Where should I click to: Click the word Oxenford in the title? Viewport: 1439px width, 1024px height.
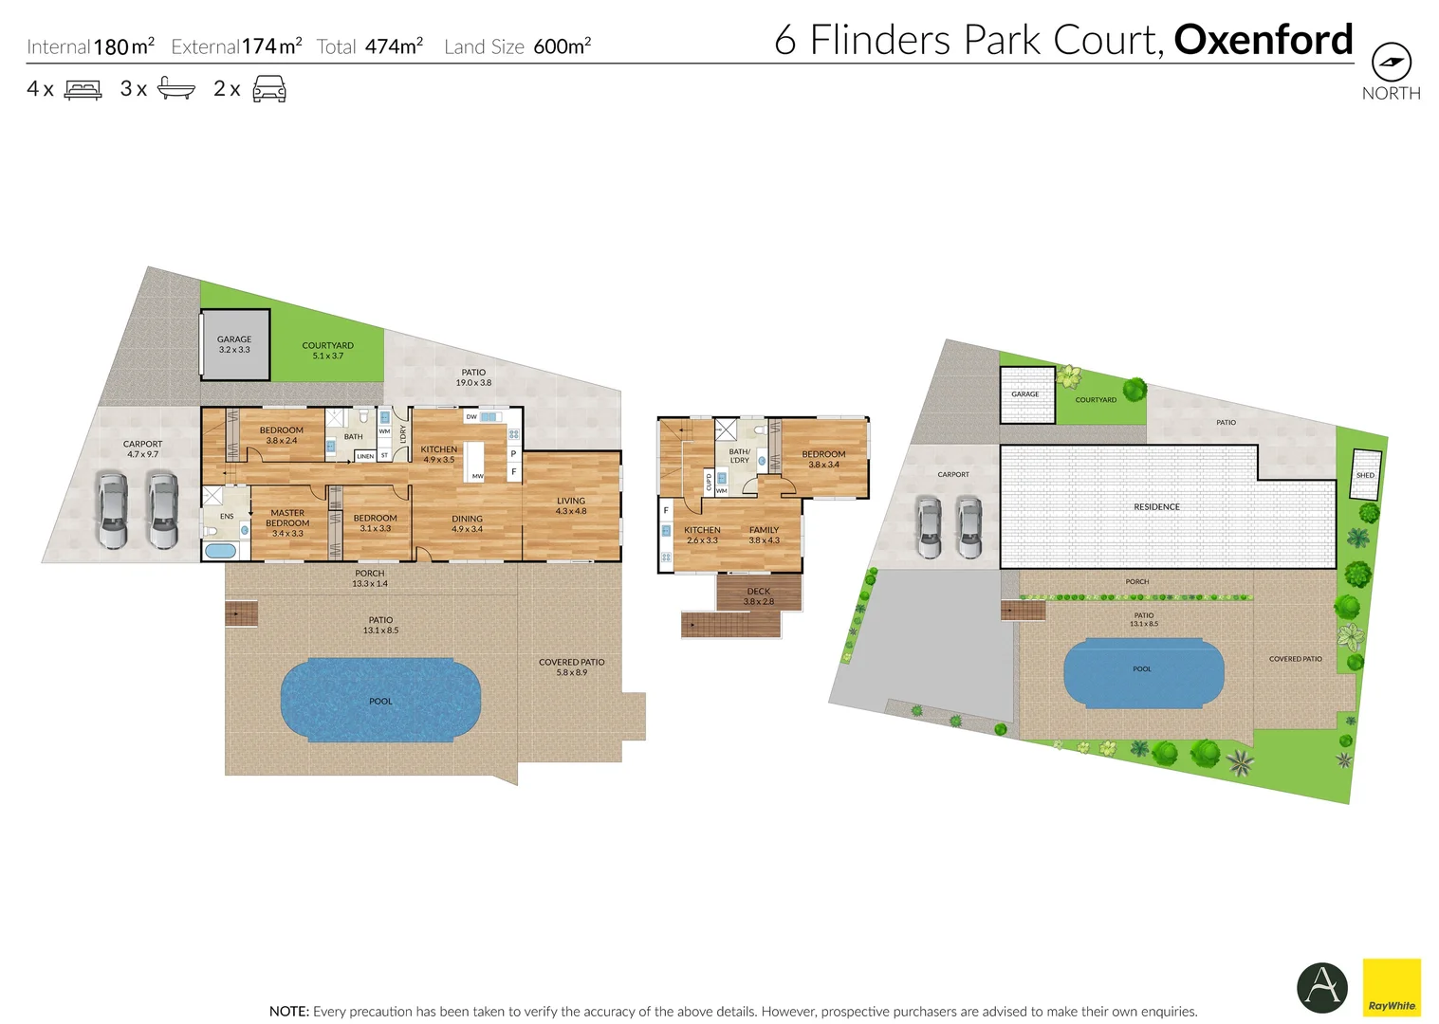1263,40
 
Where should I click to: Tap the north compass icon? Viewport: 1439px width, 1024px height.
1391,63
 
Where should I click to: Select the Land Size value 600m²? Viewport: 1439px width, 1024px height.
562,46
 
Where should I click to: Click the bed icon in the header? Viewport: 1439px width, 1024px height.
83,90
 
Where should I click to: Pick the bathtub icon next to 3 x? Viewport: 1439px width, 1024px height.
175,89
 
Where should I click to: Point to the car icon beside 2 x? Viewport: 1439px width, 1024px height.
269,90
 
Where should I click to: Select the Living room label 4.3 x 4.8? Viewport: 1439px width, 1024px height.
571,505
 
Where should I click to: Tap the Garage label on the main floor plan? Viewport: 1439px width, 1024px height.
234,344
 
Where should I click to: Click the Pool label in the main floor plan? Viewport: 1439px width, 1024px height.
380,702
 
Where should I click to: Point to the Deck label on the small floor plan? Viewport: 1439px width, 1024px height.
759,595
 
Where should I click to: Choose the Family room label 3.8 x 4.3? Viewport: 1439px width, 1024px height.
764,535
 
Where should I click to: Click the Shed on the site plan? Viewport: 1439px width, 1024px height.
1365,474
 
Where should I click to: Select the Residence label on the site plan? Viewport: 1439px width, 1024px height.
1156,507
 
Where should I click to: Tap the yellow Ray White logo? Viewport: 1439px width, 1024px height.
1392,987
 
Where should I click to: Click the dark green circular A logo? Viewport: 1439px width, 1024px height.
1321,987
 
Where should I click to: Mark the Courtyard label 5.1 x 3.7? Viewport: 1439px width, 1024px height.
327,350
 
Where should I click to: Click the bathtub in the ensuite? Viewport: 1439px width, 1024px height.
220,551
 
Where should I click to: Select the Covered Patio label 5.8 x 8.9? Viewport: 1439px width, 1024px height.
571,667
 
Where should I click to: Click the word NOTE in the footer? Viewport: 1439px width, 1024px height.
288,1012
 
